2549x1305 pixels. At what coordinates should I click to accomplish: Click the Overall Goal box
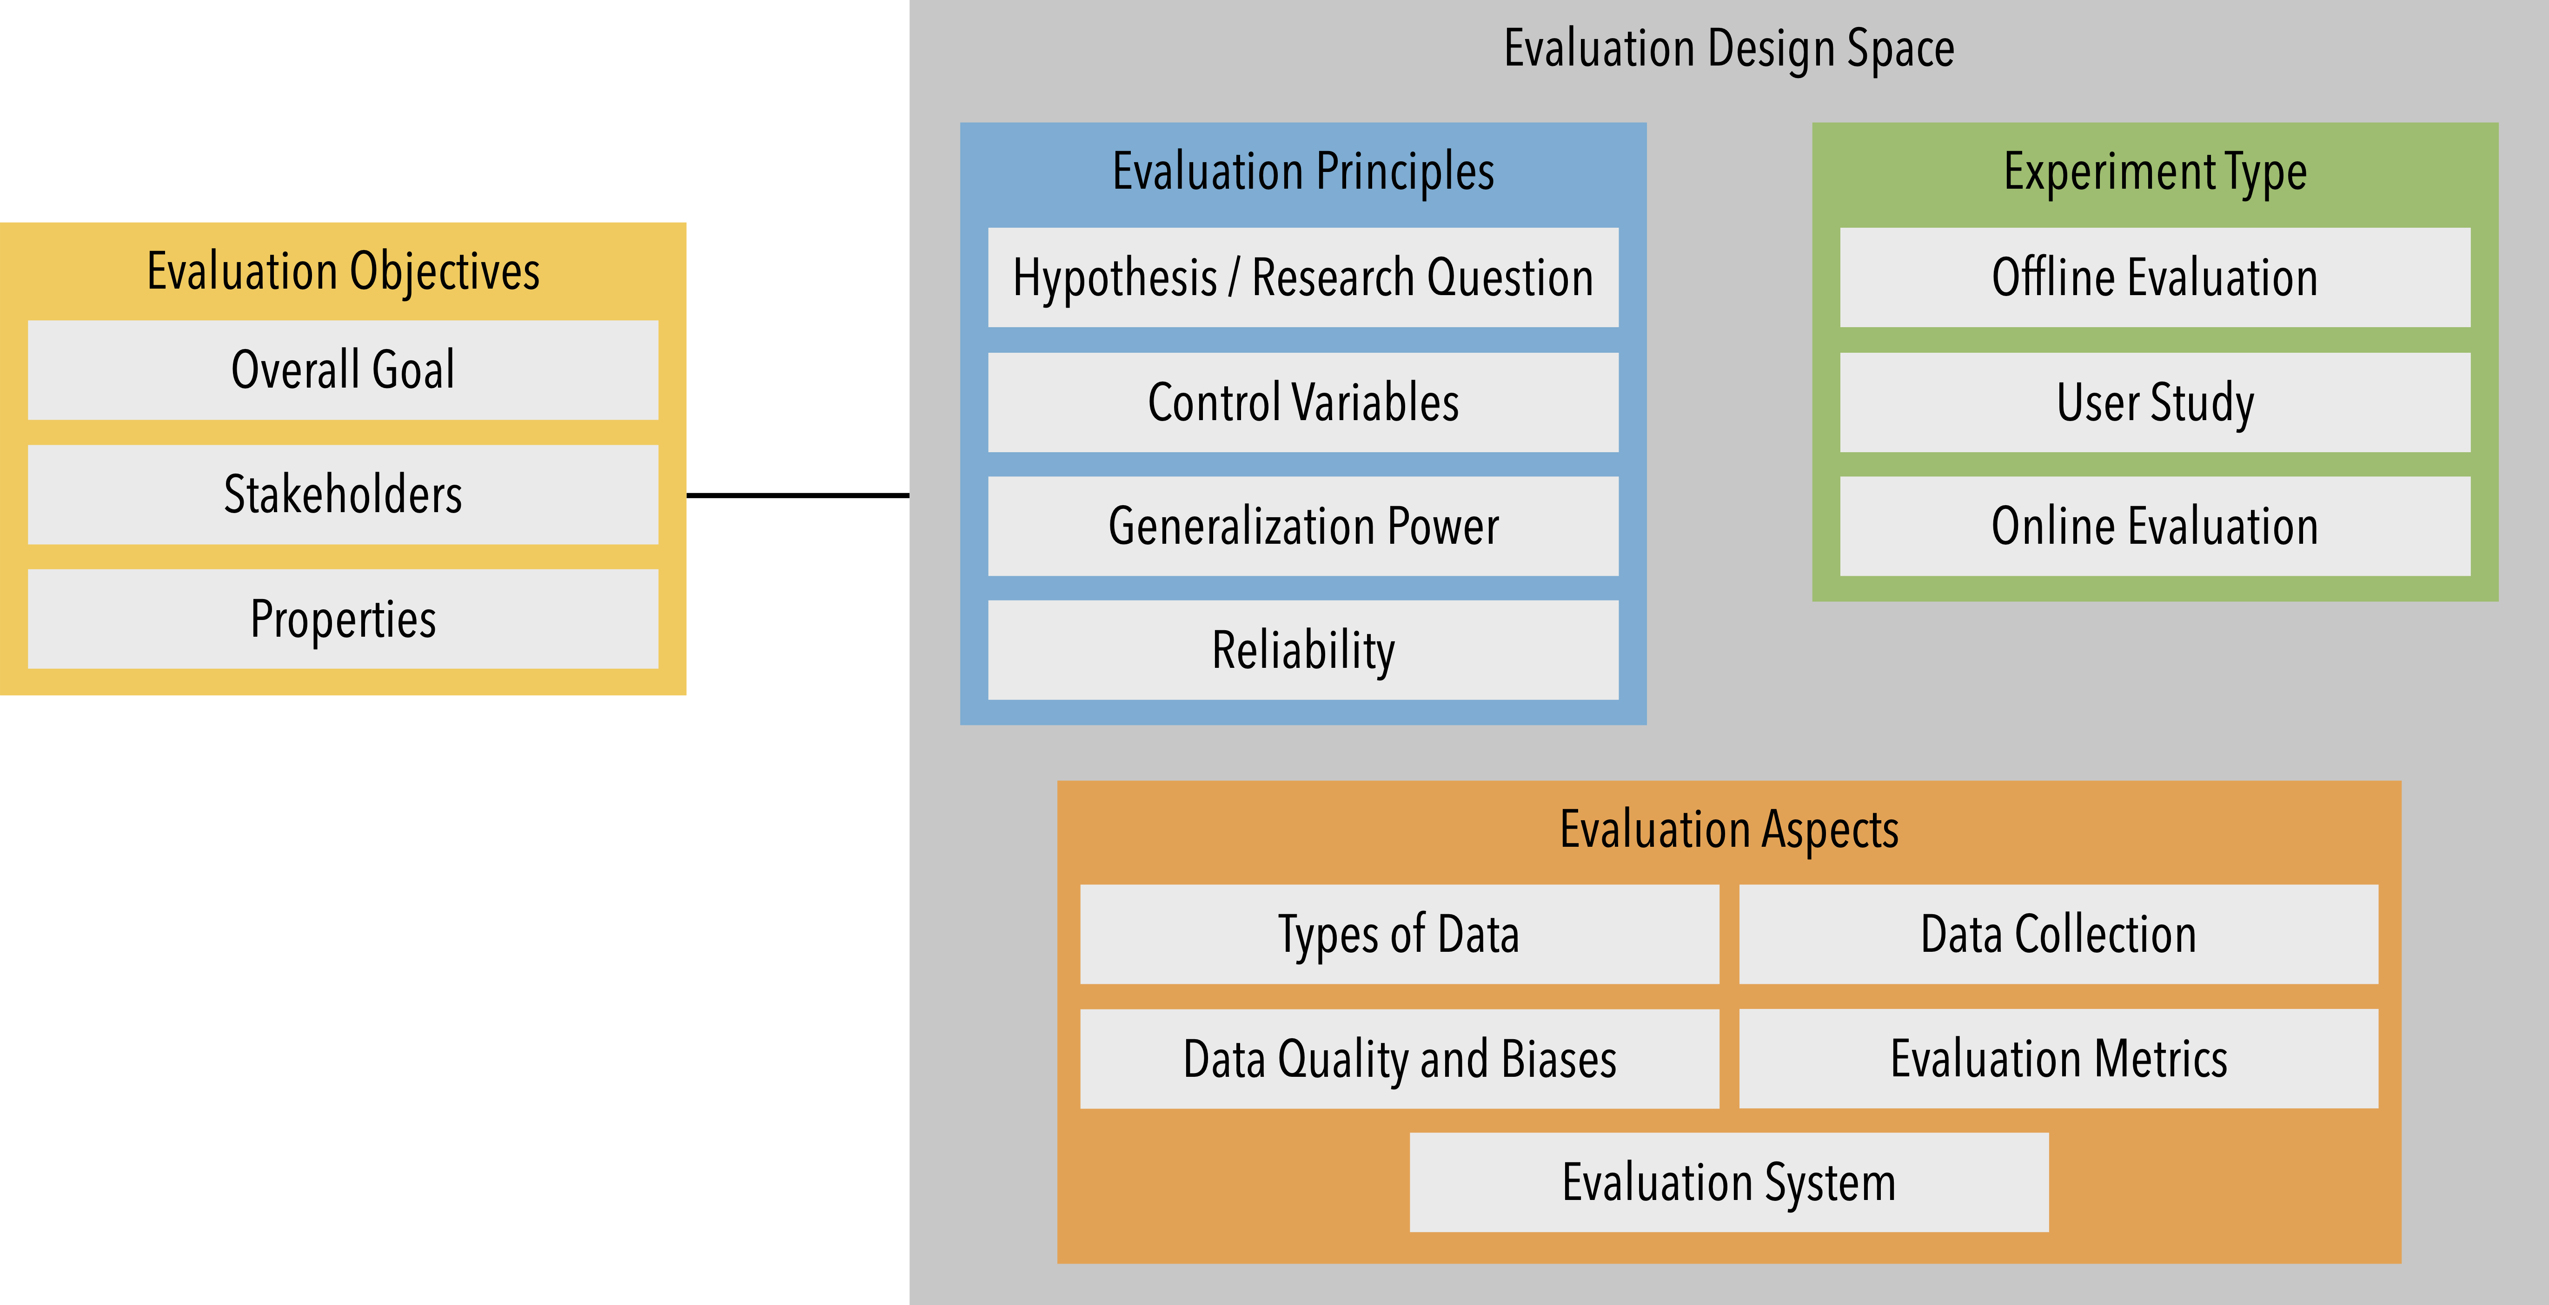342,370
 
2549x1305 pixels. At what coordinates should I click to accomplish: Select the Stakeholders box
342,494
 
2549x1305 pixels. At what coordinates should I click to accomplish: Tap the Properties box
342,620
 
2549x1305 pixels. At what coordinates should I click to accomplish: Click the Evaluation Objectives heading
342,271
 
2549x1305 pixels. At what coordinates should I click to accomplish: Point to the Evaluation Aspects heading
1729,829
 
